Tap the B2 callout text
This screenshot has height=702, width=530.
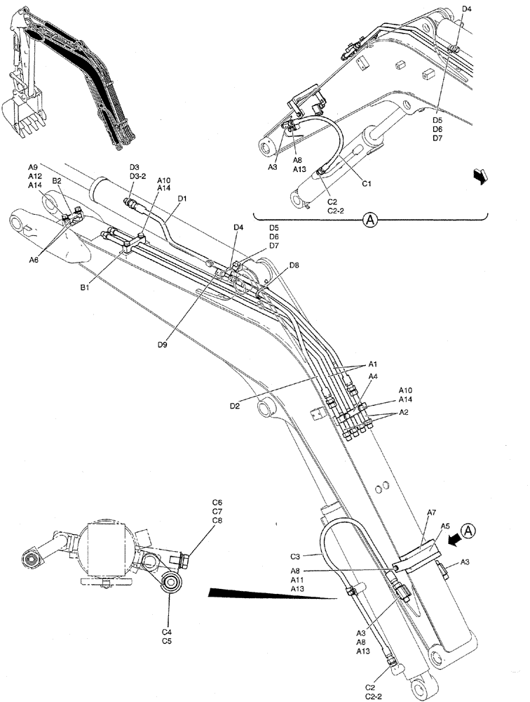57,180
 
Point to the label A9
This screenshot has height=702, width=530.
34,167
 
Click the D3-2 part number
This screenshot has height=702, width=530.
137,176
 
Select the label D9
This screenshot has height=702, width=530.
163,344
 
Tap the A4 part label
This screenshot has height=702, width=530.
374,377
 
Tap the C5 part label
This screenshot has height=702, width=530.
168,641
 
